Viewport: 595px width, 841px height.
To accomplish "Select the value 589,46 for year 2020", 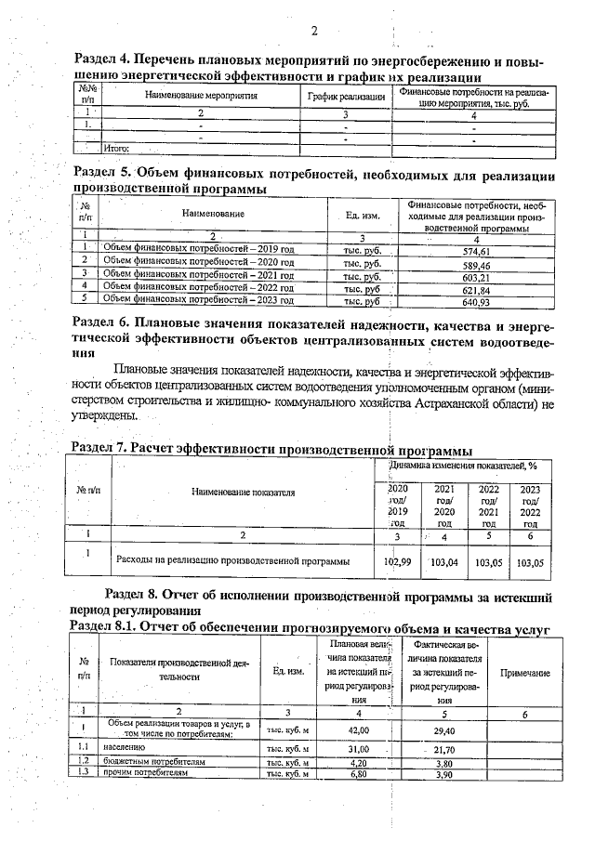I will pyautogui.click(x=475, y=264).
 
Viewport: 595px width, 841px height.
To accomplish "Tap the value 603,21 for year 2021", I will pyautogui.click(x=475, y=277).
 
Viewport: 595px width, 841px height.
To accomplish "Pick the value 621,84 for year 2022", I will pyautogui.click(x=475, y=290).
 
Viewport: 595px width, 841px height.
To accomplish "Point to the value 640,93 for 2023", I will pyautogui.click(x=475, y=301).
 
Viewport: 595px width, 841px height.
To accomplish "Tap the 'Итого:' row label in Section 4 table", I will pyautogui.click(x=117, y=147).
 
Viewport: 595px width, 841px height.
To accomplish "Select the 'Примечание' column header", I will pyautogui.click(x=524, y=673).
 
